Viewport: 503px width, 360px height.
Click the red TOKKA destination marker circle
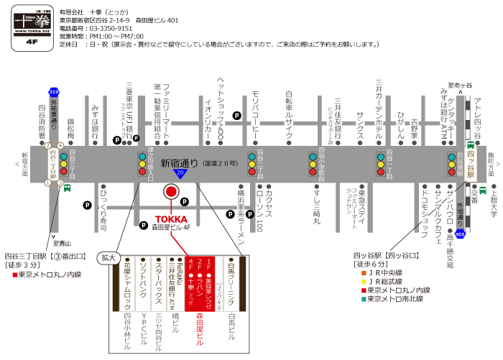click(x=171, y=192)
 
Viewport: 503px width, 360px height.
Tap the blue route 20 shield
click(x=180, y=174)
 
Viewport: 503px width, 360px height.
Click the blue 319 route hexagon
click(x=54, y=93)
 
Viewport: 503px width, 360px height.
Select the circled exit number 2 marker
click(x=48, y=146)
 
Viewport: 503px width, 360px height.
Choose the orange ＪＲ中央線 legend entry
click(x=388, y=273)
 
